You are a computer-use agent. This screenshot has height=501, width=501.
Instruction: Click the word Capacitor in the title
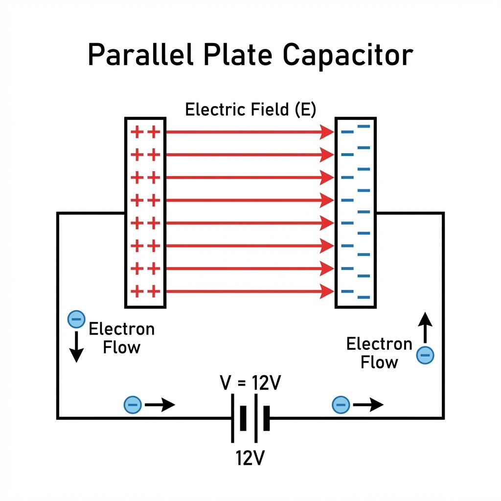[348, 55]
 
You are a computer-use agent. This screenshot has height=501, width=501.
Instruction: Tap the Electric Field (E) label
[250, 109]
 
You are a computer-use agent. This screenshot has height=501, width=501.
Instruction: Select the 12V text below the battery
[250, 458]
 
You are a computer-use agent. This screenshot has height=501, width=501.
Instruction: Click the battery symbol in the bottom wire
[250, 418]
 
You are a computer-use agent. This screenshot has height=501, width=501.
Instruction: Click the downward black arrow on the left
[76, 349]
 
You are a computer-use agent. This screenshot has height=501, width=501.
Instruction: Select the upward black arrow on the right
[425, 327]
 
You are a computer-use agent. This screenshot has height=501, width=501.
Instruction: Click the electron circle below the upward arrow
[425, 355]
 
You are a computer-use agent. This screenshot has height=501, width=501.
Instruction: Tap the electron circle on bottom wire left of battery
[133, 405]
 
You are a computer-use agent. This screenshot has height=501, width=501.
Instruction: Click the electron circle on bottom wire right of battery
[341, 405]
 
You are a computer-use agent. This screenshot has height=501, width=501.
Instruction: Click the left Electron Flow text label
[121, 338]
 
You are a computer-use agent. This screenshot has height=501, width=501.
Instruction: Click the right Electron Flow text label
[379, 353]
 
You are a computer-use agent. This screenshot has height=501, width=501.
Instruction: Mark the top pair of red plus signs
[146, 132]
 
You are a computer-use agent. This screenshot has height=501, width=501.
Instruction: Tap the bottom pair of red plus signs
[146, 292]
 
